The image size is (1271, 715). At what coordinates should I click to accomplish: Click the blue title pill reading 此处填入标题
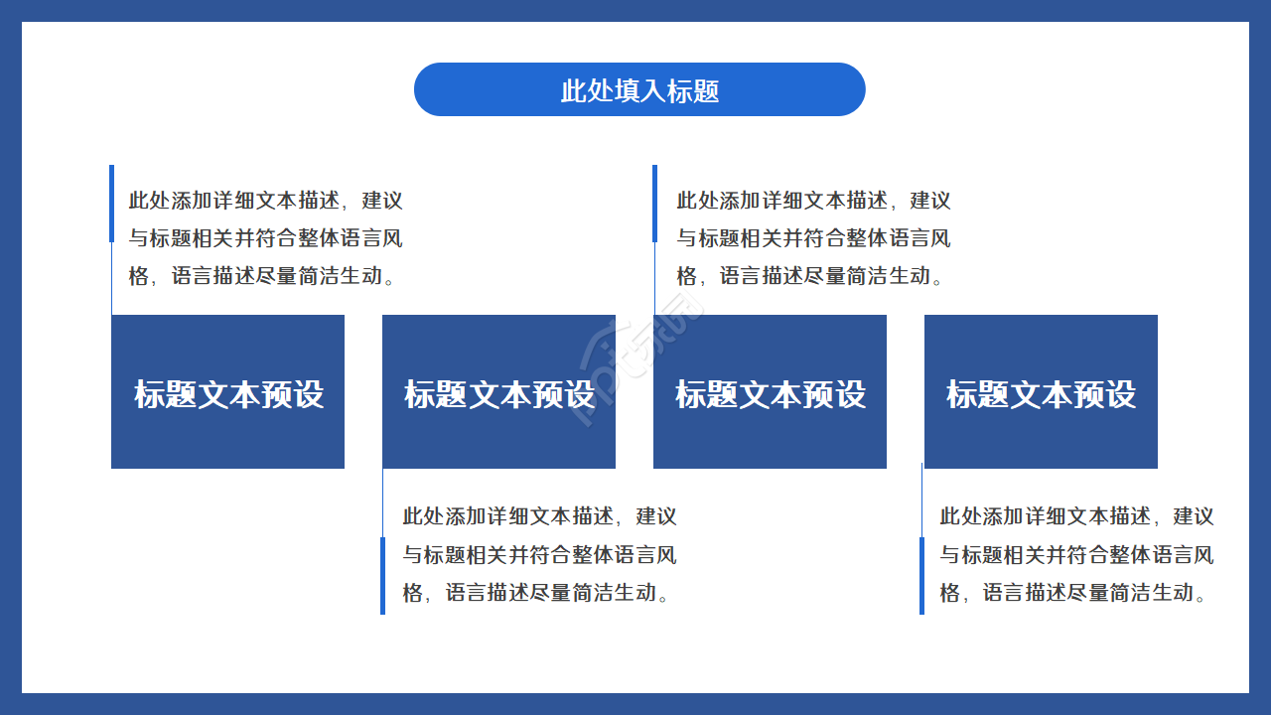click(639, 89)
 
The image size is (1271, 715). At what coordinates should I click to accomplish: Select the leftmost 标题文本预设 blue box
click(227, 392)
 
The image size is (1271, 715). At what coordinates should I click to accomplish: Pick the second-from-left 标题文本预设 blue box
click(498, 392)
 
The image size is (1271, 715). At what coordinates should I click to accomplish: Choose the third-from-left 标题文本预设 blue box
click(770, 392)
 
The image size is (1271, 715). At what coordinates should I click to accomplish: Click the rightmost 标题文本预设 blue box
click(1041, 392)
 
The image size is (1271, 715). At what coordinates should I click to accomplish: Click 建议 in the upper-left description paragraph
click(383, 201)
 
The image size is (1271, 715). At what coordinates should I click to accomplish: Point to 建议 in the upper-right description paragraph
click(931, 201)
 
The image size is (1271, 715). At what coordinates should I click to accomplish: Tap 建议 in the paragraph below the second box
click(657, 516)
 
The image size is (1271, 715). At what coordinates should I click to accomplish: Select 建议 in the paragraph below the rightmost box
click(1195, 516)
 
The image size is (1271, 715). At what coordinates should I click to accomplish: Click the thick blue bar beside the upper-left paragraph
click(111, 204)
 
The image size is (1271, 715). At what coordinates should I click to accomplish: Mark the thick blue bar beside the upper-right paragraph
click(655, 204)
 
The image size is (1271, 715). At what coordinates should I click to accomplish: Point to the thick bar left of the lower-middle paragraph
click(382, 576)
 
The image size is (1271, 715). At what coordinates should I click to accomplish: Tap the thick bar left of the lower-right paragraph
click(921, 576)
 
